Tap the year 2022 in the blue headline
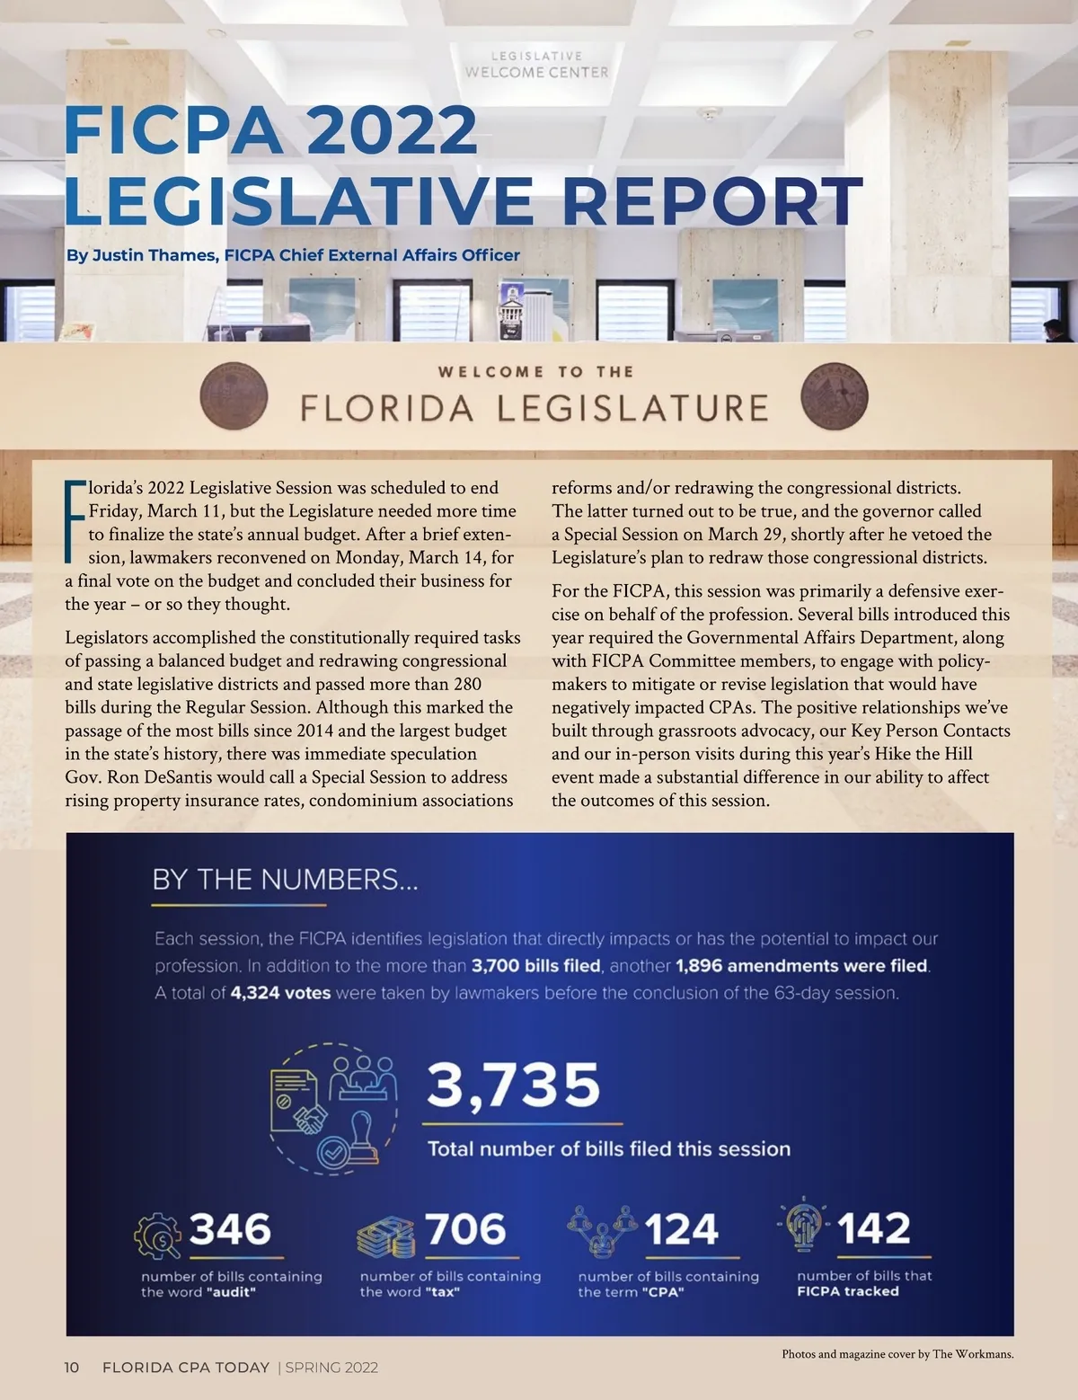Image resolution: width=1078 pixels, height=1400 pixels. click(x=391, y=131)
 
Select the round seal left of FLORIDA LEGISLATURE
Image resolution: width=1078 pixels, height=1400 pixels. click(x=234, y=397)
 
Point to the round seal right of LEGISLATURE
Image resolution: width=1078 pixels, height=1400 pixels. click(x=834, y=397)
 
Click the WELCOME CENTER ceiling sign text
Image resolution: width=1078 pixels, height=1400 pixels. click(x=536, y=72)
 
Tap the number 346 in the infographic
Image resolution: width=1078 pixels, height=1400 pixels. click(x=230, y=1228)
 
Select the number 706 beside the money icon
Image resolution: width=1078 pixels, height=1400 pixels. click(x=465, y=1228)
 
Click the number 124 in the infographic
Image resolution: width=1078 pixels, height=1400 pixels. click(x=681, y=1229)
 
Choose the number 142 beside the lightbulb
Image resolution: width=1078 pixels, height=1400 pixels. click(x=873, y=1228)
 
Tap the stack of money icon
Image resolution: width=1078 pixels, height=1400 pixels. click(x=386, y=1237)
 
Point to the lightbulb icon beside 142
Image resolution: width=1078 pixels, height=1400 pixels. click(x=802, y=1225)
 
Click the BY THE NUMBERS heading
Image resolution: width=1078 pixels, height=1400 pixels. click(x=285, y=879)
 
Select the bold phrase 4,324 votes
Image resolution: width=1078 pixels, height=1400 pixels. click(x=280, y=993)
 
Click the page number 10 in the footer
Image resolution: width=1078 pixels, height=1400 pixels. click(x=72, y=1368)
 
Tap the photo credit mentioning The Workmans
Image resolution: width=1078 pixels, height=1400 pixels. click(x=897, y=1354)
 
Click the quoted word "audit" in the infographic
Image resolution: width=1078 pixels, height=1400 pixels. click(x=231, y=1292)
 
